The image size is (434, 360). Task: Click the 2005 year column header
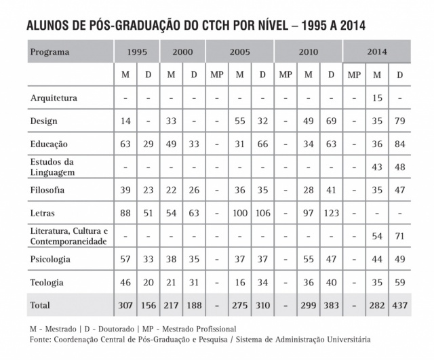click(x=239, y=52)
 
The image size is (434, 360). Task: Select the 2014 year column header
click(x=377, y=52)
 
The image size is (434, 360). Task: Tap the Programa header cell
click(x=51, y=52)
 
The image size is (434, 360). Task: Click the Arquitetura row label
click(x=54, y=98)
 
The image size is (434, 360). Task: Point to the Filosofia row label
click(x=48, y=190)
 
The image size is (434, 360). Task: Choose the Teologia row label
click(x=47, y=281)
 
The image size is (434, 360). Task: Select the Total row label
click(x=41, y=305)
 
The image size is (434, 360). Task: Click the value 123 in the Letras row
click(x=331, y=213)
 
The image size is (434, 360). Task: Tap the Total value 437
click(x=400, y=305)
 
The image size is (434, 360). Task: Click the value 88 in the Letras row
click(x=123, y=213)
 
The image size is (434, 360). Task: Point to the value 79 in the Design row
click(x=400, y=121)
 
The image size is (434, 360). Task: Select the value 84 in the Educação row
click(x=400, y=144)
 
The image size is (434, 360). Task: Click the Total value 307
click(x=123, y=305)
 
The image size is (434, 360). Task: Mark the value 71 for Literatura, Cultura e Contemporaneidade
click(x=400, y=236)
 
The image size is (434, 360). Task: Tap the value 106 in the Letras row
click(x=262, y=213)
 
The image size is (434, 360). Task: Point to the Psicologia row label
click(x=50, y=259)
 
